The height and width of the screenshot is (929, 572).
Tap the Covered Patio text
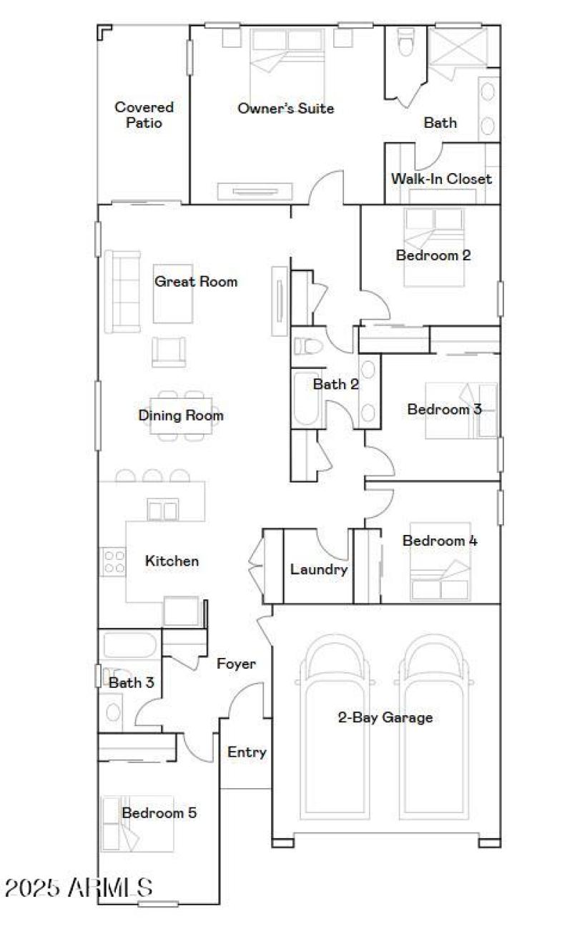(144, 115)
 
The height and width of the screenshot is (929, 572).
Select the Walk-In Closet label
(440, 179)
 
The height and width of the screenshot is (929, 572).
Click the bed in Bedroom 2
(433, 247)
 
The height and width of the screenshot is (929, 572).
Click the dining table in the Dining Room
(180, 416)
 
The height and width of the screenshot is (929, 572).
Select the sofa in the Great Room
(122, 291)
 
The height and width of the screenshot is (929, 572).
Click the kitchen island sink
(162, 510)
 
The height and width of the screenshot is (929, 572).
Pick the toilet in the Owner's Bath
(405, 42)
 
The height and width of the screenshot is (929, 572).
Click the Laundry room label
(319, 570)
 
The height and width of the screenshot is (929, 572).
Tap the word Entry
(247, 752)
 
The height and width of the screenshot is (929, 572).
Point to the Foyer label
(236, 664)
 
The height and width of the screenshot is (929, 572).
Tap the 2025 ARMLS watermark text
(79, 888)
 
